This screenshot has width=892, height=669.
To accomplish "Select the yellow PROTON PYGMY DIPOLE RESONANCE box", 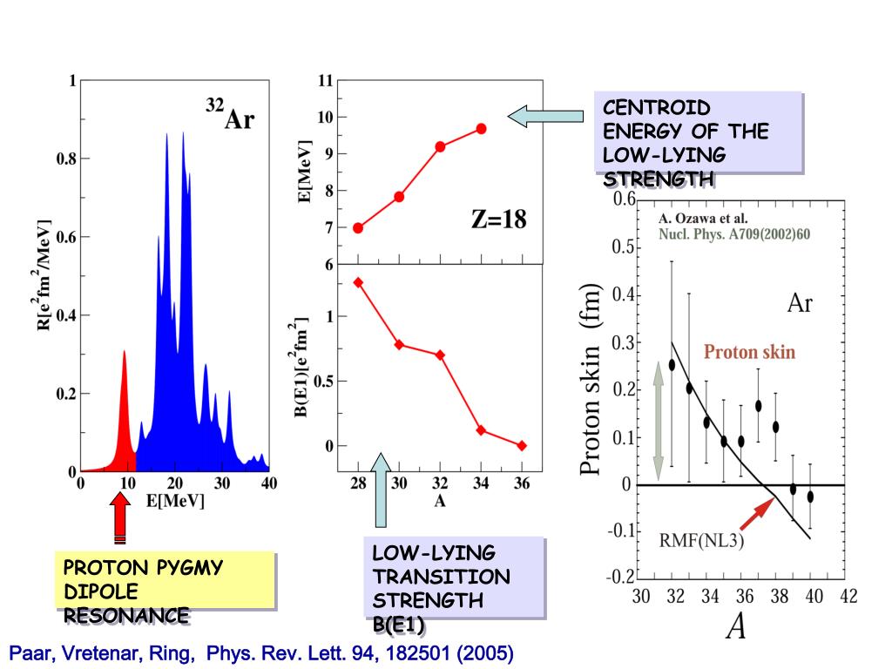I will pyautogui.click(x=163, y=590).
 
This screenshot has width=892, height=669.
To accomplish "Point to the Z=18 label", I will pyautogui.click(x=498, y=220).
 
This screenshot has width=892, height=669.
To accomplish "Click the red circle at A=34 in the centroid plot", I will pyautogui.click(x=481, y=129).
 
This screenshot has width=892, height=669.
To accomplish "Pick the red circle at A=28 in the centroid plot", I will pyautogui.click(x=358, y=227).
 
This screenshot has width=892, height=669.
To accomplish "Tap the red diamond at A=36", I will pyautogui.click(x=522, y=445).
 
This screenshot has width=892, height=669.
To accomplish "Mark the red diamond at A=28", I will pyautogui.click(x=358, y=282).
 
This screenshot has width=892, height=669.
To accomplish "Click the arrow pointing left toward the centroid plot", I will pyautogui.click(x=545, y=116).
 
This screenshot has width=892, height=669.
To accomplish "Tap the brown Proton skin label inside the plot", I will pyautogui.click(x=749, y=353).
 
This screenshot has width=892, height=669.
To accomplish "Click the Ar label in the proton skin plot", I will pyautogui.click(x=800, y=303).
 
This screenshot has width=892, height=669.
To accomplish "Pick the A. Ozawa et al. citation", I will pyautogui.click(x=703, y=219).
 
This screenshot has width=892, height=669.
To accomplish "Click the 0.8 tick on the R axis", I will pyautogui.click(x=65, y=159).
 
